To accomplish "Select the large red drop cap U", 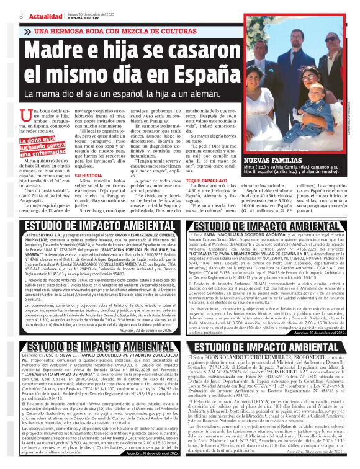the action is pyautogui.click(x=26, y=114).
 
